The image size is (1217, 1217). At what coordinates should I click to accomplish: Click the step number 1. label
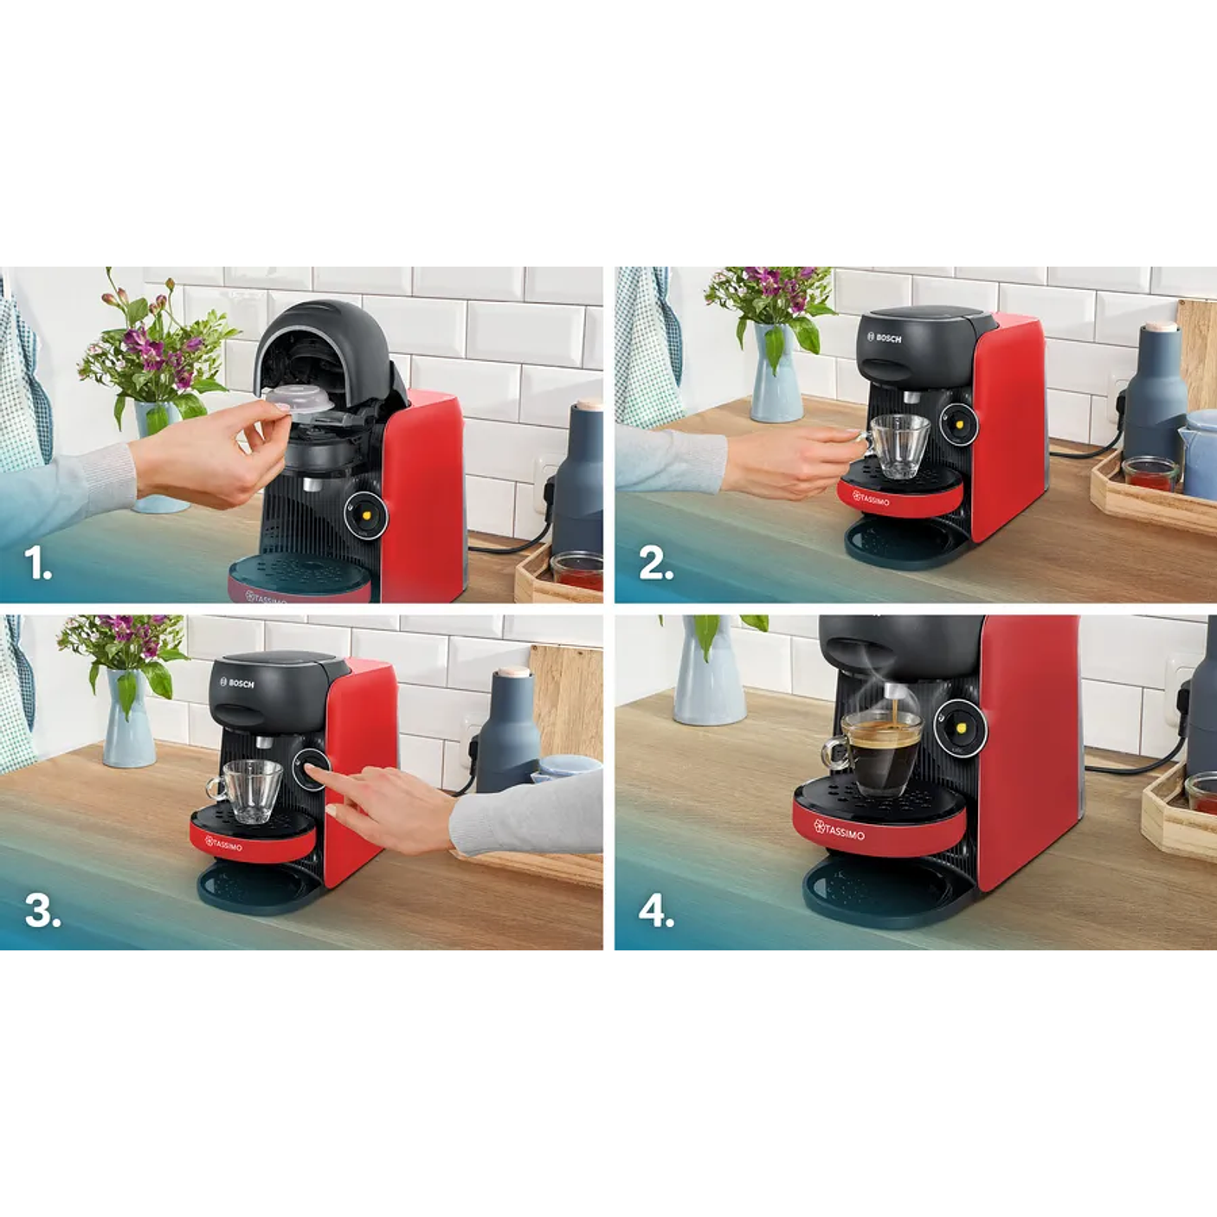(38, 564)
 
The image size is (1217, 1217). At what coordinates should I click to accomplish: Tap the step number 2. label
(656, 564)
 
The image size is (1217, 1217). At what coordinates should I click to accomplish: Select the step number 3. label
(42, 911)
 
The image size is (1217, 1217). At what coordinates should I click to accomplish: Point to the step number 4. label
(656, 911)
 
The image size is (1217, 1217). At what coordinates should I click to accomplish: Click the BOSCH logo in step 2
(885, 338)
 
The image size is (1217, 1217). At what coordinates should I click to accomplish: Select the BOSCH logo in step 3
(236, 683)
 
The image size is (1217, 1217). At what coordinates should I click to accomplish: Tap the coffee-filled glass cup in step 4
(879, 755)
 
